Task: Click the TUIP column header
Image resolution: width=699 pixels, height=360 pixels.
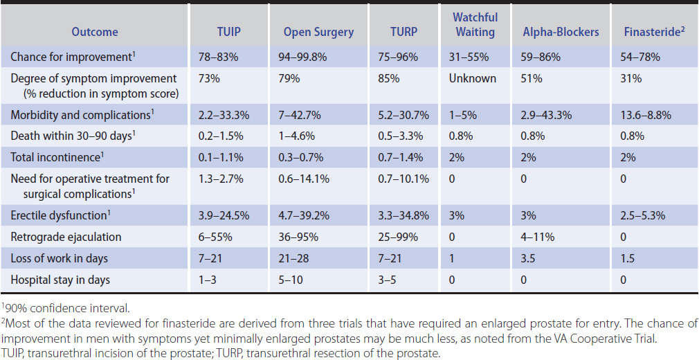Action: pos(228,32)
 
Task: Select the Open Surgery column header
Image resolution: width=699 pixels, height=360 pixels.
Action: pos(318,32)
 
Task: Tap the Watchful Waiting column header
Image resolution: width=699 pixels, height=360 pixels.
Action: pos(475,24)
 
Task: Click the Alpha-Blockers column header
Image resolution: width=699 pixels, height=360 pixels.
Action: pos(561,32)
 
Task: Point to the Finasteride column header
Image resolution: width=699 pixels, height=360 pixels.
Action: pos(655,32)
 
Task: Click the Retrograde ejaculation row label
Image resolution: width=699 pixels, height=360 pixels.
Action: pos(66,237)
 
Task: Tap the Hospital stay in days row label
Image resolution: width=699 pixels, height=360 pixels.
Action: pos(60,280)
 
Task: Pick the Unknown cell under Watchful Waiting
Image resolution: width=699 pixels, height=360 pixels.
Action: pos(473,78)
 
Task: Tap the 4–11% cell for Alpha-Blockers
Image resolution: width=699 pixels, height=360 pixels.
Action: pos(538,237)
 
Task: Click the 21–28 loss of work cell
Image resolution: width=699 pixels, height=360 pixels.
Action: pos(297,259)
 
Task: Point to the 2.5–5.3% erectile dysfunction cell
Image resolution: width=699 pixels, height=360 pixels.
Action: pos(643,215)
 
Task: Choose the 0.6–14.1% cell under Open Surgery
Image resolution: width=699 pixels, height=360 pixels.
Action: pos(307,179)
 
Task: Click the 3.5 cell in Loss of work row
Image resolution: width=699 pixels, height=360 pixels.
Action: pos(530,259)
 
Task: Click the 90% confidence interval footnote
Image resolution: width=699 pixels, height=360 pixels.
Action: pos(52,308)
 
